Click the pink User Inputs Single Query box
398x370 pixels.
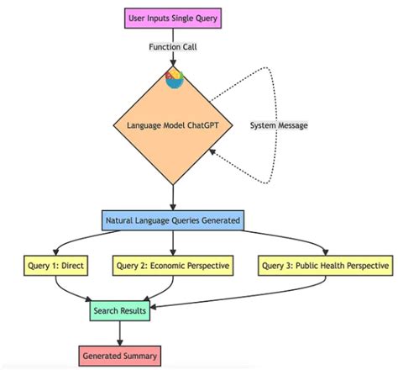tap(173, 17)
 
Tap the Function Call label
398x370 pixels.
tap(174, 48)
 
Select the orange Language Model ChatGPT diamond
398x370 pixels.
tap(173, 126)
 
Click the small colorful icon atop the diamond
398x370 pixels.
tap(174, 78)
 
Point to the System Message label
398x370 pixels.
tap(279, 125)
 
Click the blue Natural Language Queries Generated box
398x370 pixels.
tap(173, 221)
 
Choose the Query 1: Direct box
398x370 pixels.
tap(55, 267)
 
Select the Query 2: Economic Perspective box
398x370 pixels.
tap(173, 267)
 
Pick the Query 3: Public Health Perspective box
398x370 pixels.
tap(325, 267)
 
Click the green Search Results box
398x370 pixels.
tap(119, 311)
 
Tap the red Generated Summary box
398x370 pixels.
tap(119, 355)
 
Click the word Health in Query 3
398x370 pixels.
tap(337, 267)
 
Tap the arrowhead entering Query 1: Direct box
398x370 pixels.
tap(55, 252)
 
